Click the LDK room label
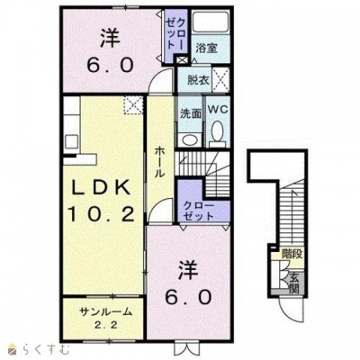101,188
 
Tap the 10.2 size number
101,214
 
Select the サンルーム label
105,312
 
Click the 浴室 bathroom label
207,49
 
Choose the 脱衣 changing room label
198,80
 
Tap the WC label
218,109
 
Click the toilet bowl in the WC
218,131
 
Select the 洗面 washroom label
191,113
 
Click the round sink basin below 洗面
189,139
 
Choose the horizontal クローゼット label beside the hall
199,211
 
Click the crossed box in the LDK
133,105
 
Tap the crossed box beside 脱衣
220,80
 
